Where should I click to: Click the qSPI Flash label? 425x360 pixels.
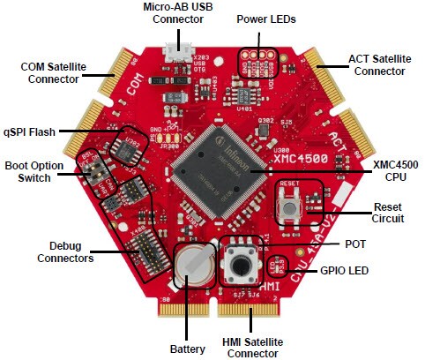click(30, 131)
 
